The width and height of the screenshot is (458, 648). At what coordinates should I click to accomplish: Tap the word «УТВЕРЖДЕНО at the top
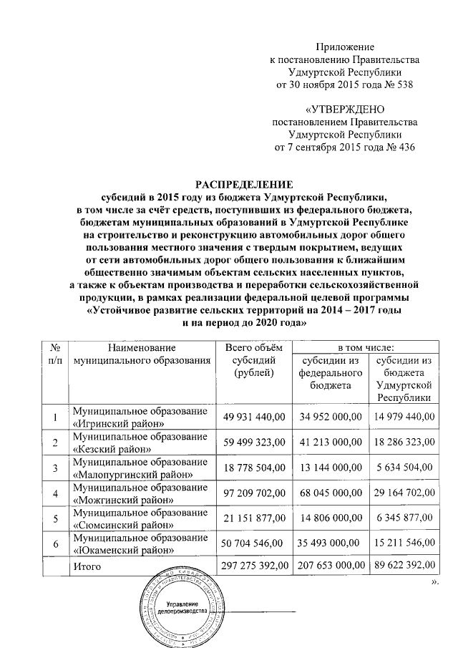pos(345,110)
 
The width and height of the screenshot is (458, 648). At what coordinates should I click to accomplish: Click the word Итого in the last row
pos(87,567)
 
